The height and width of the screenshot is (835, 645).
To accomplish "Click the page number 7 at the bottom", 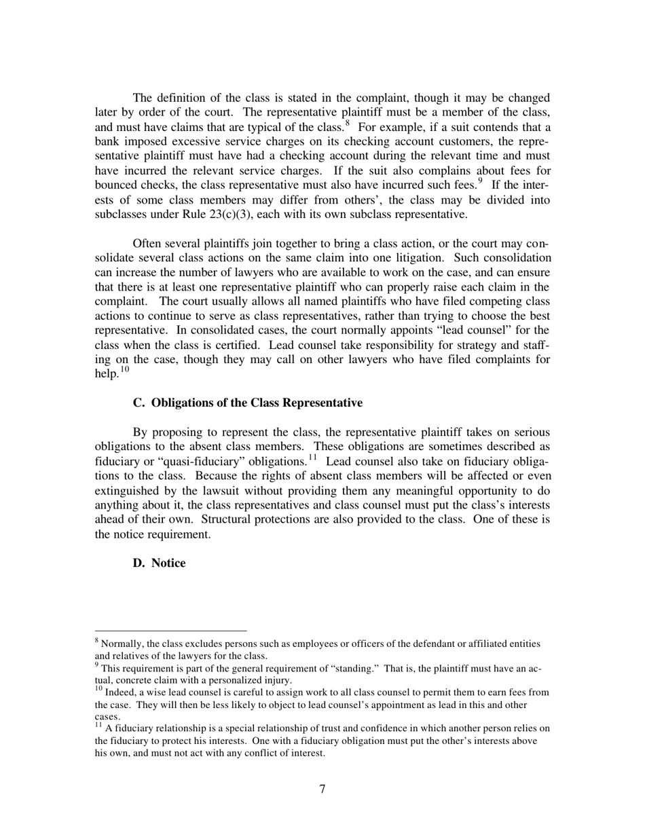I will coord(322,788).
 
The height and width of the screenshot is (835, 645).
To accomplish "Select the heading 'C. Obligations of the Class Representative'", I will coord(247,403).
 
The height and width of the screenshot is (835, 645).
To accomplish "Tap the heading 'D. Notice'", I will coord(159,563).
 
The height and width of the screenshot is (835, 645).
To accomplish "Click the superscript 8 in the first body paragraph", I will coord(347,123).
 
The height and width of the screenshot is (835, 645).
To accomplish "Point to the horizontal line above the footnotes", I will coord(170,630).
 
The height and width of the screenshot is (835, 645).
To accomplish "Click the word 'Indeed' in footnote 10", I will coord(120,692).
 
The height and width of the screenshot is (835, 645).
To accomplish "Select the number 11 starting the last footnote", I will coord(98,726).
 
